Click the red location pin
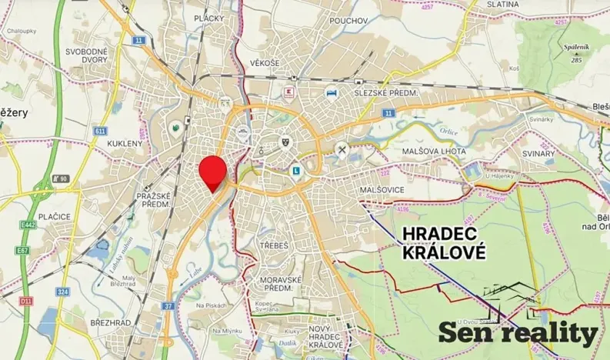[x=212, y=169]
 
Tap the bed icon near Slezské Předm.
[x=332, y=92]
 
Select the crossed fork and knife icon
[x=342, y=150]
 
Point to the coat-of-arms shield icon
[x=285, y=142]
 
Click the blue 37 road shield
[x=169, y=307]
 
